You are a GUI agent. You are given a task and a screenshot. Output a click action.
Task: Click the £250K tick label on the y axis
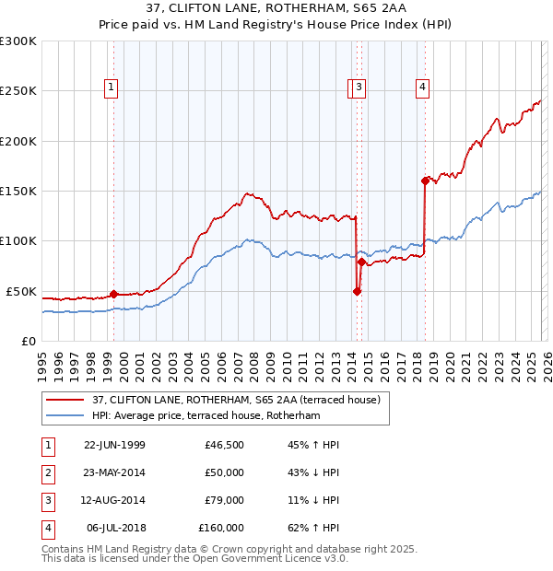coord(18,91)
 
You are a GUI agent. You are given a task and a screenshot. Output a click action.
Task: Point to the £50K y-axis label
coord(21,291)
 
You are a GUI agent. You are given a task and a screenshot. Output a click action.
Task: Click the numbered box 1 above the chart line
coord(111,87)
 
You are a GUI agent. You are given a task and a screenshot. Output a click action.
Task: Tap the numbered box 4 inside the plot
coord(422,87)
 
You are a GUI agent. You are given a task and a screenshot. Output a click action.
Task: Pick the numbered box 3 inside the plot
coord(359,87)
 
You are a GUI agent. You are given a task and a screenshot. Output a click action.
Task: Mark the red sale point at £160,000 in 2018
coord(425,181)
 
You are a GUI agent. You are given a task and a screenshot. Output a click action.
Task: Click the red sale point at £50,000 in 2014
coord(357,291)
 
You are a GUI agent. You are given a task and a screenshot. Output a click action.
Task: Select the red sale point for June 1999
coord(114,295)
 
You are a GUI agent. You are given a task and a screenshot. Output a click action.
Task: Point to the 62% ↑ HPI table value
coord(313,529)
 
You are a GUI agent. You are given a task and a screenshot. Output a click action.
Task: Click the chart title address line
coord(276,11)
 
